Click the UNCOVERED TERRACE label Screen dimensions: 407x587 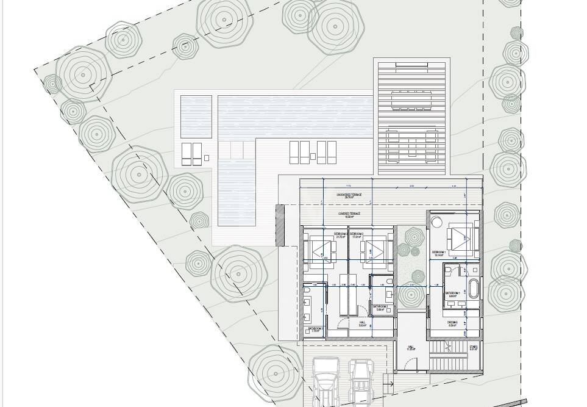point(349,195)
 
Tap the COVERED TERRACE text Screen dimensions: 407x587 point(349,214)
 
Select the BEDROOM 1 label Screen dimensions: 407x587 point(439,252)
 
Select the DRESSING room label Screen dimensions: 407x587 point(452,323)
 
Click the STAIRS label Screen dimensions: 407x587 point(474,347)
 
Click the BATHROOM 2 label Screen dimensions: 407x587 point(381,308)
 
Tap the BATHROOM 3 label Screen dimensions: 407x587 point(316,330)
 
